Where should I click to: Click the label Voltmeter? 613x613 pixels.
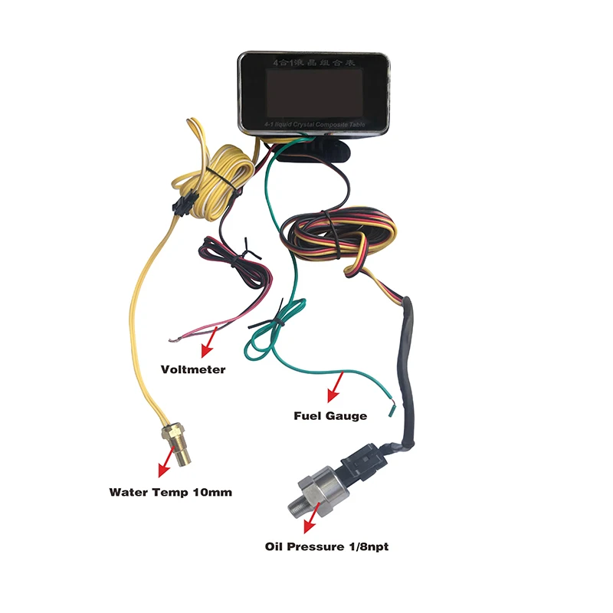coord(193,369)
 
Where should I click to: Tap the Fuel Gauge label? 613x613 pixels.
coord(330,416)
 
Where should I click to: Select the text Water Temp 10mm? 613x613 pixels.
coord(170,492)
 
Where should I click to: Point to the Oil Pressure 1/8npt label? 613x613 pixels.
coord(332,547)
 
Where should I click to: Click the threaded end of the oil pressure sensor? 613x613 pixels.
coord(297,505)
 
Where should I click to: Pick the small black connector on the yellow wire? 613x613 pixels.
coord(182,205)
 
